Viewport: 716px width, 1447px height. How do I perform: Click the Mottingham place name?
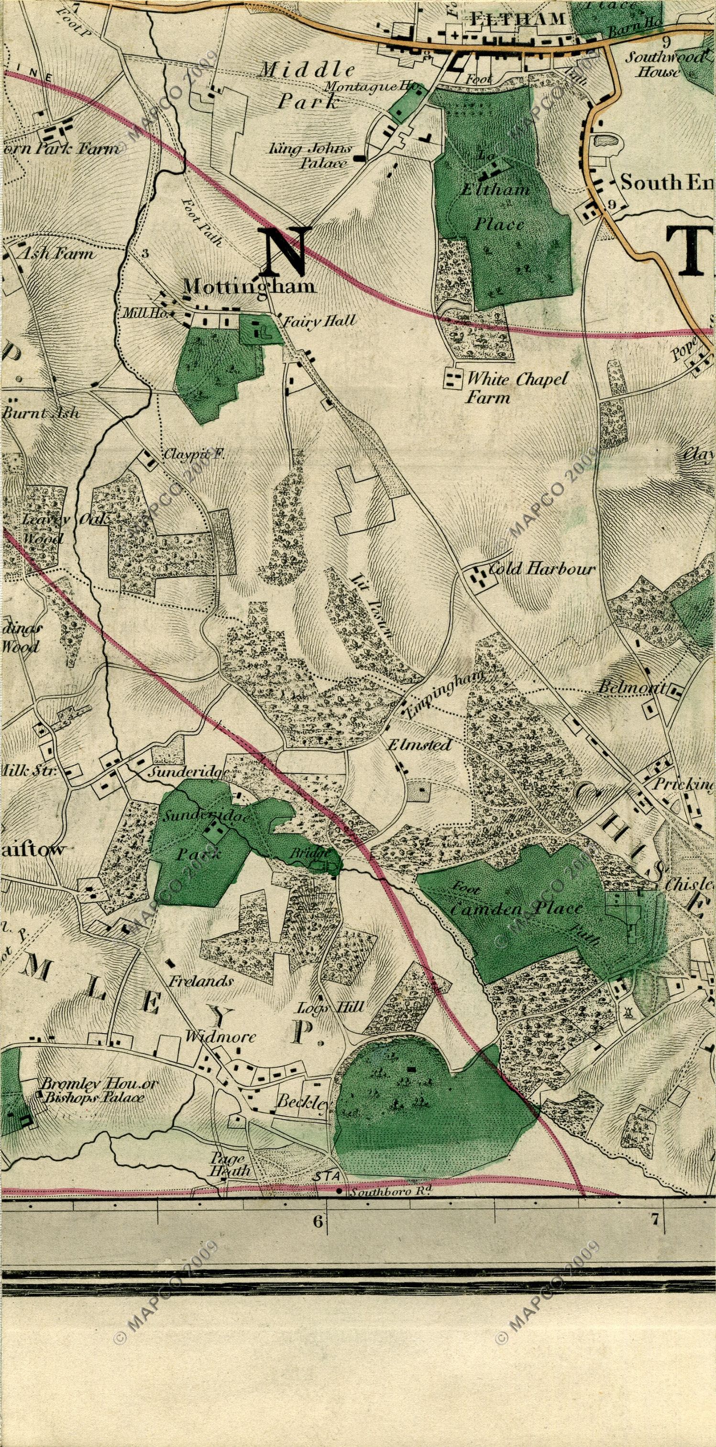250,286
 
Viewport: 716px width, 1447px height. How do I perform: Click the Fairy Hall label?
319,321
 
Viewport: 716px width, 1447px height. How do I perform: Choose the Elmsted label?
420,745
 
